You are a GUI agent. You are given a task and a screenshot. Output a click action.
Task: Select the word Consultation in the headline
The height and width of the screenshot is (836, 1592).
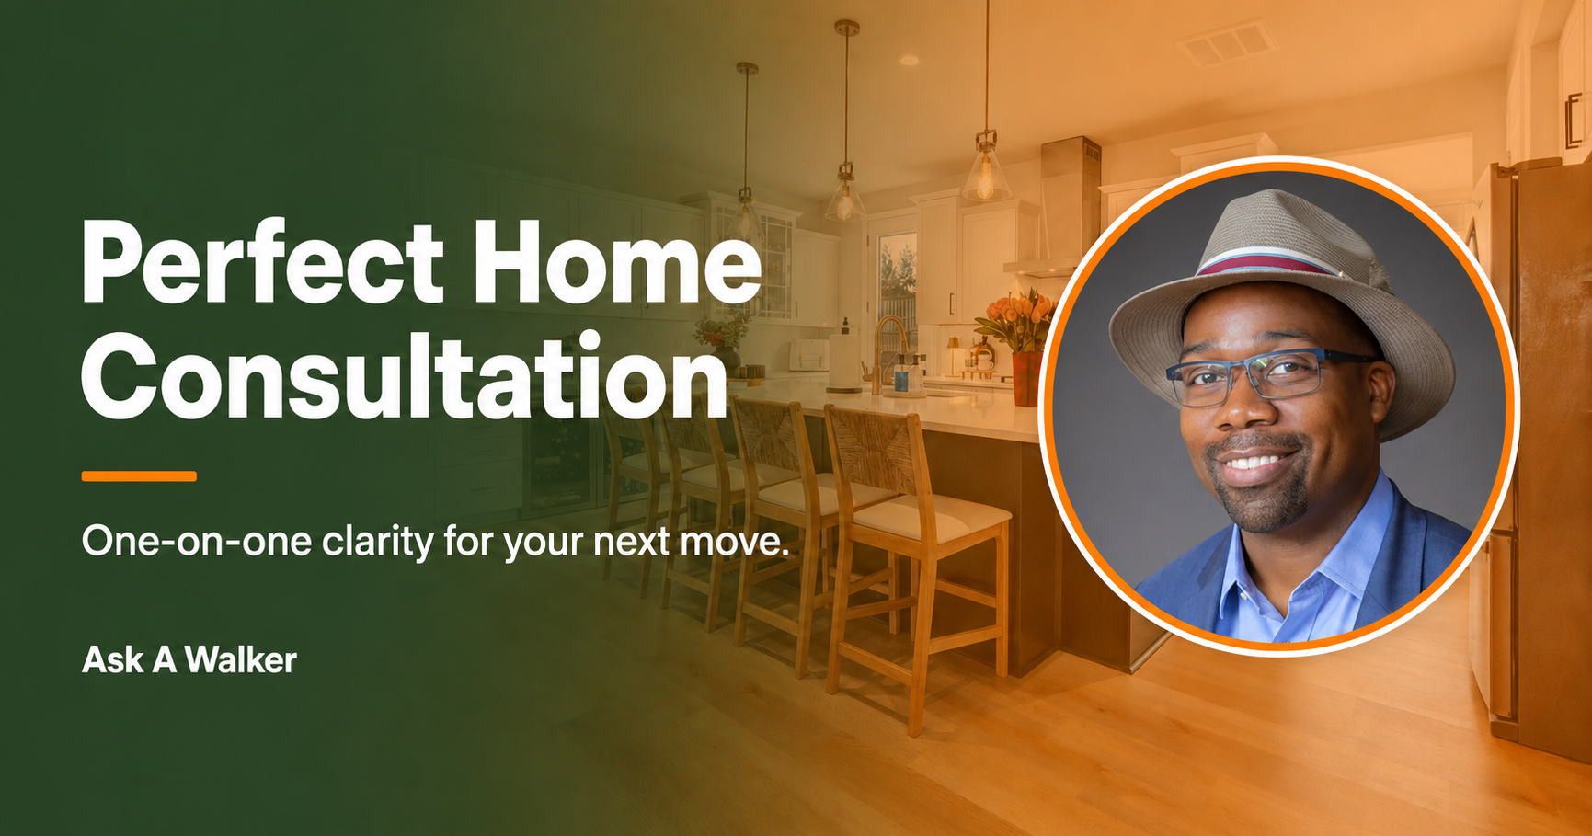406,376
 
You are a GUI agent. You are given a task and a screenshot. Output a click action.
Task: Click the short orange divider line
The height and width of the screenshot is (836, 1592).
139,476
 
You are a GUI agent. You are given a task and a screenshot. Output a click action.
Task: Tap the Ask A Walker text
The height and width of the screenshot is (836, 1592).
189,660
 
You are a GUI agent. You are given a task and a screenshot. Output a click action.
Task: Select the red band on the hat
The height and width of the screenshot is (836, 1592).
1269,264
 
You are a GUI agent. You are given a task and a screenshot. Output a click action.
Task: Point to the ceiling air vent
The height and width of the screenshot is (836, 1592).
1227,42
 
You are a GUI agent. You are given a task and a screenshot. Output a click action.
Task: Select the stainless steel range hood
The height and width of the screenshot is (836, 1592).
1058,207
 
